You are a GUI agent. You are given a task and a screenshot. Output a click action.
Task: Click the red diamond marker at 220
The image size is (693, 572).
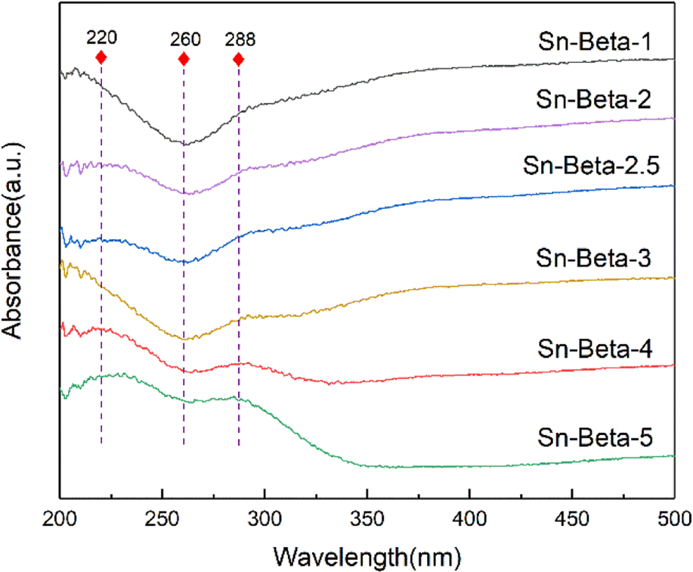click(x=101, y=58)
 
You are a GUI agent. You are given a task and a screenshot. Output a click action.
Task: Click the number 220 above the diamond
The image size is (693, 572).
click(x=101, y=38)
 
